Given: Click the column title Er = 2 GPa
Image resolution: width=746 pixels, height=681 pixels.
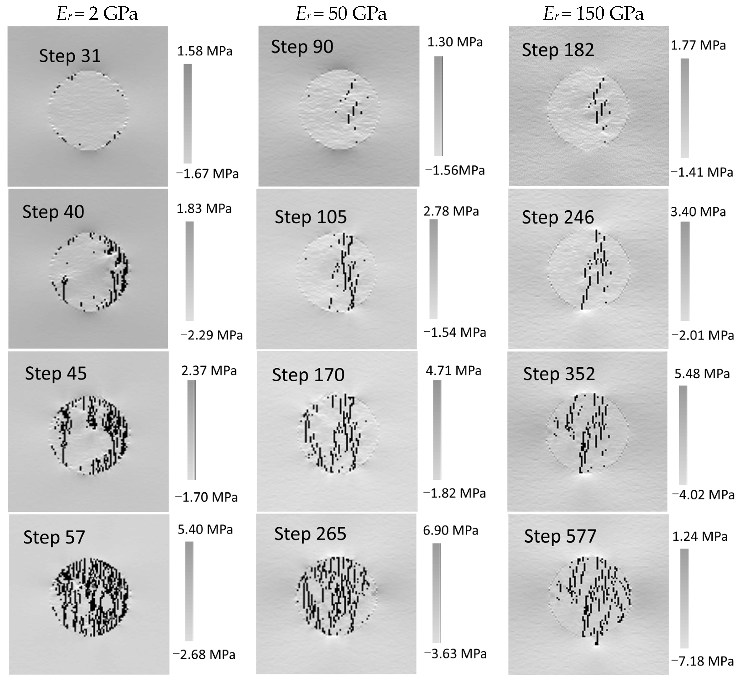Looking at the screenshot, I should [97, 14].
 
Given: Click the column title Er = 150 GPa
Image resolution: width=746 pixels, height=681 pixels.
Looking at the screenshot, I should [593, 14].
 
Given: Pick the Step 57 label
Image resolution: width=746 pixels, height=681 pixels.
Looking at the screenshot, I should [54, 537].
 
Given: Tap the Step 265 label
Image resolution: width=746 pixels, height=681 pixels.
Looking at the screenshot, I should [310, 534].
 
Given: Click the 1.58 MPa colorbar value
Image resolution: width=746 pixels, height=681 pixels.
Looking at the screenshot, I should [205, 51].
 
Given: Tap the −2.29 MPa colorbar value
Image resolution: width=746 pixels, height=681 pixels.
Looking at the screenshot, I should [211, 335].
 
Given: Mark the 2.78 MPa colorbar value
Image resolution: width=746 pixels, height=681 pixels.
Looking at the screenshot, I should [451, 211].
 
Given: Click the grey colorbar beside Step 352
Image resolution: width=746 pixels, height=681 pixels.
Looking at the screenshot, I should [683, 435].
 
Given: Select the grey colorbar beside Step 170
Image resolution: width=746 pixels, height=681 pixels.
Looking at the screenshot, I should [437, 430].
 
